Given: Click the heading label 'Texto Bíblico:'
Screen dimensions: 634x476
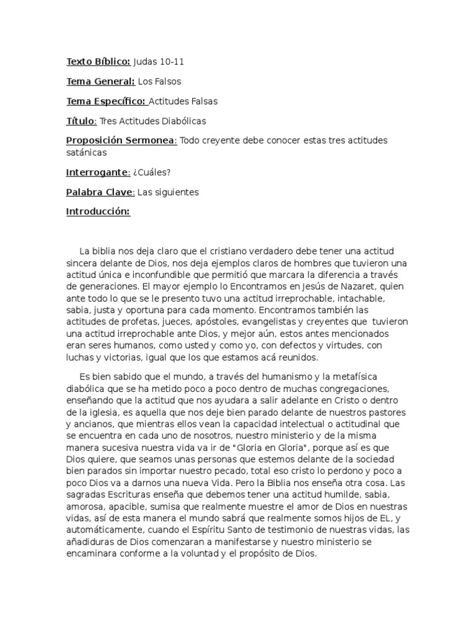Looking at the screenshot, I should tap(98, 62).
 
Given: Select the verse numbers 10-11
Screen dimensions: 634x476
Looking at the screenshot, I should tap(172, 62).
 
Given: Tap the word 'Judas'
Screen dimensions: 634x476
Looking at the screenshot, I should tap(146, 62).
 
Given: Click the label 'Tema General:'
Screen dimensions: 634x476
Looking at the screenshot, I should tap(100, 81).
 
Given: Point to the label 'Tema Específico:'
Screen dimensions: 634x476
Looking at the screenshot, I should tap(106, 101).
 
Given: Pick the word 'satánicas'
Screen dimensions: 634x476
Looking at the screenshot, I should tap(87, 152).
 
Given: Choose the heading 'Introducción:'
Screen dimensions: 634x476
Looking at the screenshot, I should tap(98, 212).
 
